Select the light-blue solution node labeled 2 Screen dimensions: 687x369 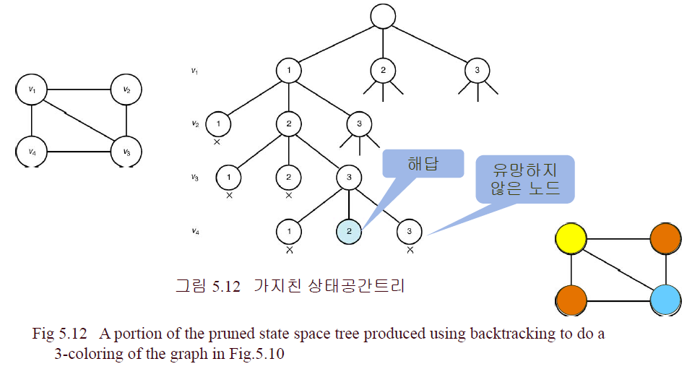[x=348, y=232]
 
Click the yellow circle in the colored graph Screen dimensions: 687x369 [x=571, y=238]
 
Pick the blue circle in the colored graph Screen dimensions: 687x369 [x=665, y=299]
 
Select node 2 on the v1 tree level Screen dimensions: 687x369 [x=382, y=71]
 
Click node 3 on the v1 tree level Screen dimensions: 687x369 [x=477, y=71]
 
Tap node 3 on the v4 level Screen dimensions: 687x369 [x=409, y=232]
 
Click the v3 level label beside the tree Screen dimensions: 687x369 [x=195, y=178]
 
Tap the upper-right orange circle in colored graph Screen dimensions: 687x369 [x=665, y=238]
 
